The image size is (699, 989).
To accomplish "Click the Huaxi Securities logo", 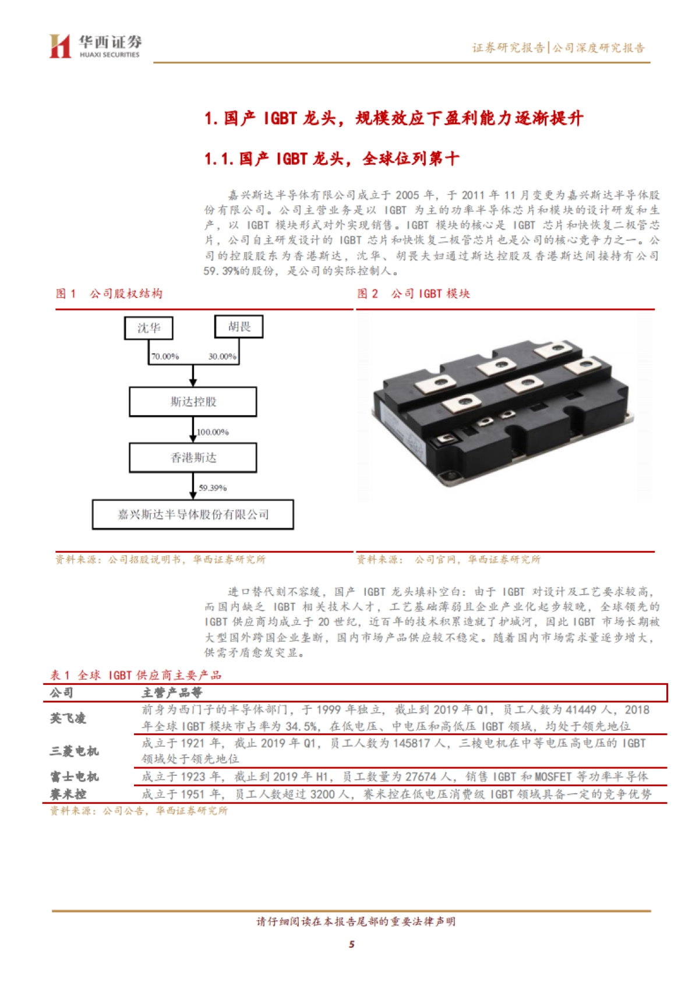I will coord(95,46).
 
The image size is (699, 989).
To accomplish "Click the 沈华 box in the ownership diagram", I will coord(149,328).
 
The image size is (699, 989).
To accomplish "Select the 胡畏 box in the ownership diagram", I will coord(239,327).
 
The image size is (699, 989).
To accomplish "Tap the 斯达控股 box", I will coord(193,402).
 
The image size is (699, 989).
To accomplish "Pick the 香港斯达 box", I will coord(193,458).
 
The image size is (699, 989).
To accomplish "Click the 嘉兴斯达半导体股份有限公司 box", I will coord(193,514).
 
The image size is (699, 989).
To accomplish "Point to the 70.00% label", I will coord(165,356).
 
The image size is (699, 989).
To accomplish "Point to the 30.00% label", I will coord(223,356).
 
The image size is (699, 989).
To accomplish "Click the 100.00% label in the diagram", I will coord(213,432).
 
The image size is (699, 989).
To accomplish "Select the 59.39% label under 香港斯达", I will coord(213,488).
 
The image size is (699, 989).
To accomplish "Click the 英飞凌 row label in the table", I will coord(68,718).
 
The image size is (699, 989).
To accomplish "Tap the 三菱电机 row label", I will coord(74,751).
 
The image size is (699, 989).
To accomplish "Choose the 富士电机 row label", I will coord(74,776).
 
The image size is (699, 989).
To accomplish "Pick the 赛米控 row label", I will coord(68,794).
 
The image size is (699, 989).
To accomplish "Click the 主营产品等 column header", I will coord(172,693).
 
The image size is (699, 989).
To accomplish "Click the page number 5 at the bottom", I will coord(351,944).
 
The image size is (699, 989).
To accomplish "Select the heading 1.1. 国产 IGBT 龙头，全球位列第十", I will coord(331,158).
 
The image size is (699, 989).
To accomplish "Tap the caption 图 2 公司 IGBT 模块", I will coord(414,294).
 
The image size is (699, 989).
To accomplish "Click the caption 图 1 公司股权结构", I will coord(109,294).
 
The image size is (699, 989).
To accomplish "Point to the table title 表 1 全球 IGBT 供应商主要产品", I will coord(136,675).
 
